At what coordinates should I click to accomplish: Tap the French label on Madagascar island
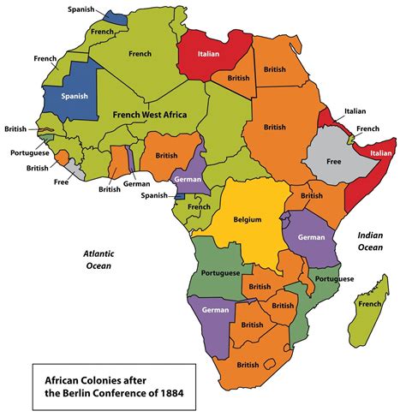tap(370, 303)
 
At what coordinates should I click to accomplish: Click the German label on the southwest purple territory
tap(214, 309)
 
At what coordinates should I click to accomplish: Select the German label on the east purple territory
tap(313, 235)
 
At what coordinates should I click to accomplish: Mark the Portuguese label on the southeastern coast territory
tap(333, 279)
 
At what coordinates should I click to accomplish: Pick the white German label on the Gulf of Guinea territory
tap(187, 180)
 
